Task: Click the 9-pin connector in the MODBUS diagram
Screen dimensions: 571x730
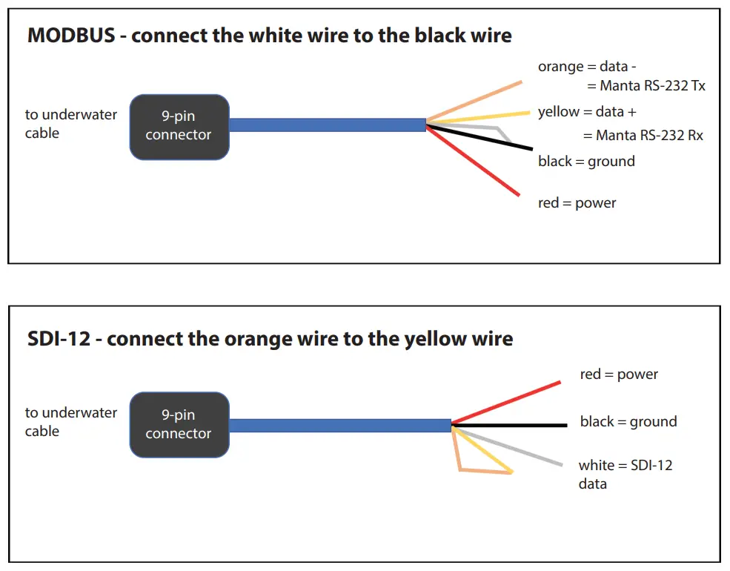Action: pos(179,127)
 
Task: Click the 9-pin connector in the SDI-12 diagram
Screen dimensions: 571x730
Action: pos(179,425)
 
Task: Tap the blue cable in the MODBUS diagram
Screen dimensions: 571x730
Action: pos(326,125)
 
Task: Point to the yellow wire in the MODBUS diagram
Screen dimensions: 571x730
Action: pos(482,117)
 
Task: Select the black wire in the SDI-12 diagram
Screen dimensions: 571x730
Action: pos(511,426)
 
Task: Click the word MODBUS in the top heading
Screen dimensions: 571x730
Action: pos(71,36)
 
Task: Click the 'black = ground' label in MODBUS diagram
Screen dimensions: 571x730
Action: pos(586,162)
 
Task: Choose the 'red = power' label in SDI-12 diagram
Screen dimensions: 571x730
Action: pos(619,374)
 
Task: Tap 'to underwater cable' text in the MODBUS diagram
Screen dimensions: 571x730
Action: pos(71,124)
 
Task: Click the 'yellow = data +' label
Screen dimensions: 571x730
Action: pos(587,112)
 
